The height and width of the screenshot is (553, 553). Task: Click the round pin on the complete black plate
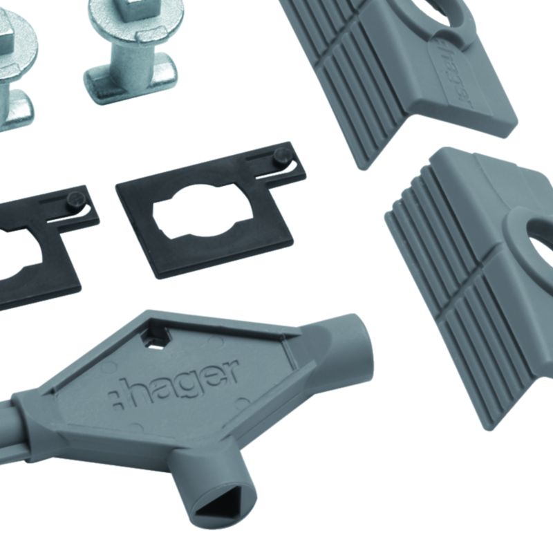(282, 155)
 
